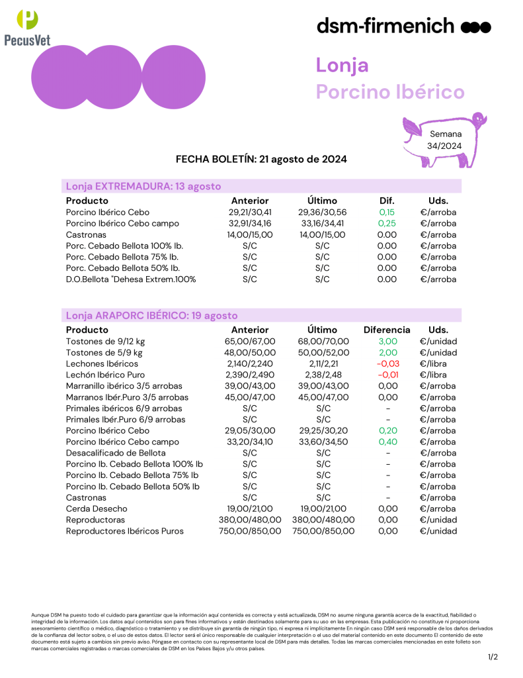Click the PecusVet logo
[27, 27]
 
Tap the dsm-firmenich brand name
[385, 26]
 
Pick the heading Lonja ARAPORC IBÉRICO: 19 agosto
[152, 316]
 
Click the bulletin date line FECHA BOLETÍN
[261, 160]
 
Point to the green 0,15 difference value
[387, 213]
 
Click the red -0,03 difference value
[387, 363]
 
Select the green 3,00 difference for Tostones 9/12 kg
[387, 341]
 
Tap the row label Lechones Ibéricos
[102, 363]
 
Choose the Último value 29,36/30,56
[322, 213]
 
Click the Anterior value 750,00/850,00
[250, 531]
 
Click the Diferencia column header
[387, 330]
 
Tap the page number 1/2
[493, 657]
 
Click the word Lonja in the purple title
[342, 66]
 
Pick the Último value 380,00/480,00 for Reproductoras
[323, 520]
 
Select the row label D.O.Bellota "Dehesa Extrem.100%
[131, 279]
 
